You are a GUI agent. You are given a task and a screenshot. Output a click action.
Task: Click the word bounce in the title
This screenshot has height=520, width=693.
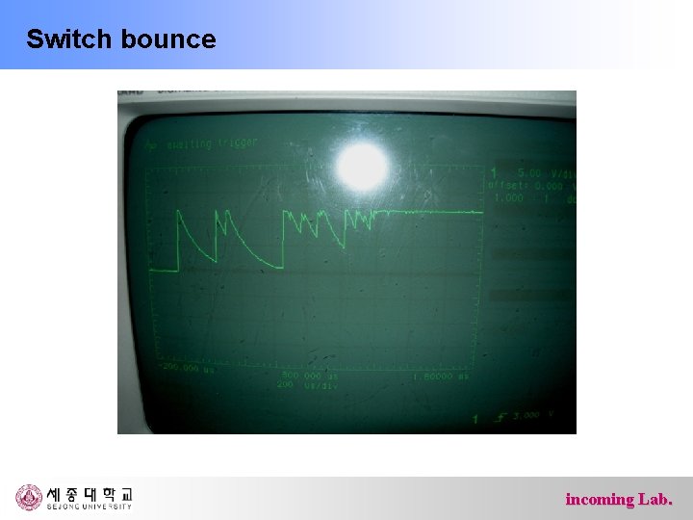click(x=168, y=39)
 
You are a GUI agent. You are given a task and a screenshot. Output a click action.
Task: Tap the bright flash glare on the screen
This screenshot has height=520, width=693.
click(x=363, y=169)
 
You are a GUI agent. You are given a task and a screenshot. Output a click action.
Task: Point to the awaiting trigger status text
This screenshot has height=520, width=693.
click(x=211, y=144)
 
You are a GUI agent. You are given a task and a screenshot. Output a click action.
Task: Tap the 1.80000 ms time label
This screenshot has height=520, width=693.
click(x=440, y=377)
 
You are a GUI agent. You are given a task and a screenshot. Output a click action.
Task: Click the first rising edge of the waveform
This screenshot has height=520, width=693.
click(x=178, y=241)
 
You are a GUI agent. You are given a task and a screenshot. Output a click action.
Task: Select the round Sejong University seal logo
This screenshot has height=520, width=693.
click(x=29, y=497)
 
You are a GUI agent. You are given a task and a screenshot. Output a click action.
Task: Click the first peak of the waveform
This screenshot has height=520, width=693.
click(x=179, y=212)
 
